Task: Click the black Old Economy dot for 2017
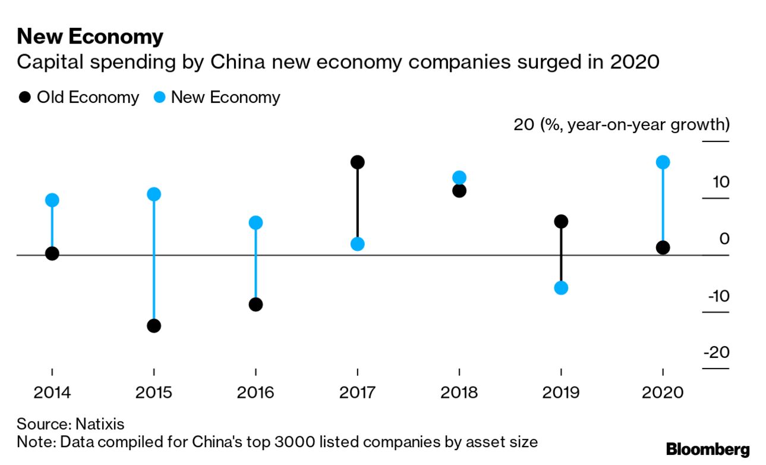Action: click(x=357, y=162)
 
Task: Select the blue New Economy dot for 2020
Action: click(x=663, y=162)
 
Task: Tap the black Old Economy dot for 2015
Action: click(x=154, y=326)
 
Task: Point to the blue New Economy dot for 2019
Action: click(x=561, y=288)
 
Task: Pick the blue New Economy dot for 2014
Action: click(x=52, y=200)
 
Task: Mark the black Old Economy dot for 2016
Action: click(x=256, y=304)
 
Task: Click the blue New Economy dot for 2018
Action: click(x=459, y=177)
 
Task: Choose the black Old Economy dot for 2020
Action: click(x=663, y=248)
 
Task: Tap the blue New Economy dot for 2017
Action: click(x=357, y=244)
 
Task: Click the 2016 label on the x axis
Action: click(x=256, y=393)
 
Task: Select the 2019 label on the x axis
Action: click(x=561, y=393)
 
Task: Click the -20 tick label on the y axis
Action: click(x=715, y=353)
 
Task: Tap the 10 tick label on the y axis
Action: click(x=720, y=182)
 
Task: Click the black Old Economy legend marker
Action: click(x=24, y=98)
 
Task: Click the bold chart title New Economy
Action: click(x=90, y=37)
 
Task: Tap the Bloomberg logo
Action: click(x=708, y=449)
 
